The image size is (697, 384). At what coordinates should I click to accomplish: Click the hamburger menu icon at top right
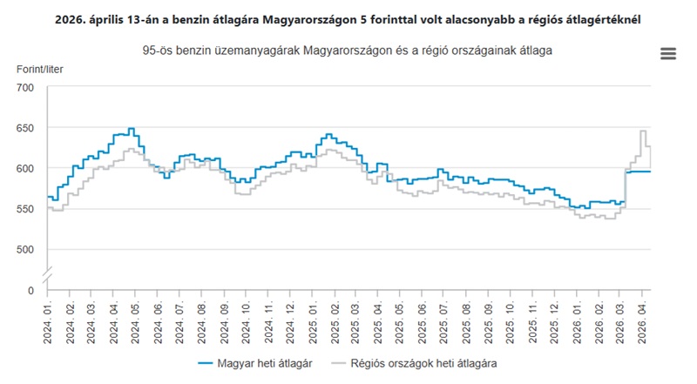point(668,53)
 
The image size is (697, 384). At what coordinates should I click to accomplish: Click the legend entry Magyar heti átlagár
point(255,361)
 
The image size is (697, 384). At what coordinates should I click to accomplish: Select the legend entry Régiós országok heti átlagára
point(424,361)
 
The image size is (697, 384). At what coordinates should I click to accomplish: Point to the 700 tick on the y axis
point(24,88)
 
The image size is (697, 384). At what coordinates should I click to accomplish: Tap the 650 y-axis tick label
point(24,128)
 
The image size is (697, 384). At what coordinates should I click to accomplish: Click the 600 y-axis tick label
point(24,168)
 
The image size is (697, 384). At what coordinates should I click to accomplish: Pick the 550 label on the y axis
point(24,209)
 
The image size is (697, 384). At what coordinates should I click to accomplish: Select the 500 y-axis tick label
point(24,249)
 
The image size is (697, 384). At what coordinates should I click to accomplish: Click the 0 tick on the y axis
point(30,290)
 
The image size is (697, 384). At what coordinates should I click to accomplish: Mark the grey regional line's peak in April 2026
point(643,131)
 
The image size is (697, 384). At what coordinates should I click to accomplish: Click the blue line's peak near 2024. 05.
point(131,129)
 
